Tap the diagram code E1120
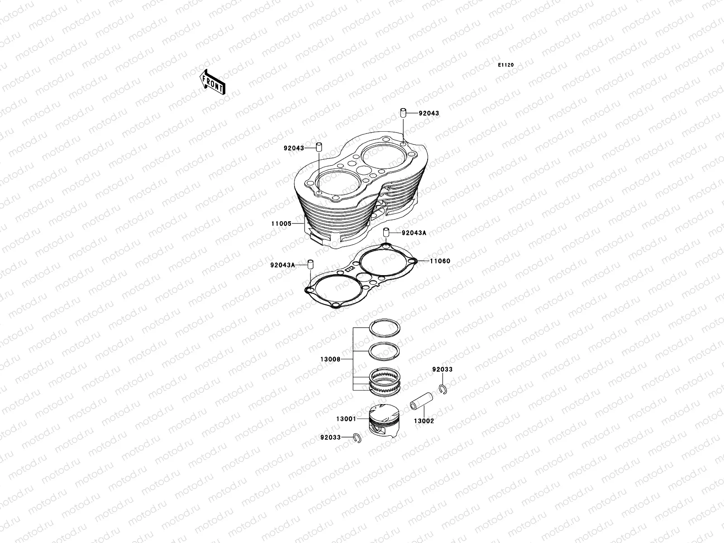pos(506,65)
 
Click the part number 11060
pos(440,261)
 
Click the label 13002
pos(424,420)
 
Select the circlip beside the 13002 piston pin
pos(443,388)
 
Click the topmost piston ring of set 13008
pos(384,327)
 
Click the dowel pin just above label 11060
pos(387,233)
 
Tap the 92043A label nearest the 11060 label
pos(414,233)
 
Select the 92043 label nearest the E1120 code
pos(429,113)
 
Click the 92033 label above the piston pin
pos(442,369)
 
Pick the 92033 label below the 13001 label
pos(330,438)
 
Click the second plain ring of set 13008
pos(384,349)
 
